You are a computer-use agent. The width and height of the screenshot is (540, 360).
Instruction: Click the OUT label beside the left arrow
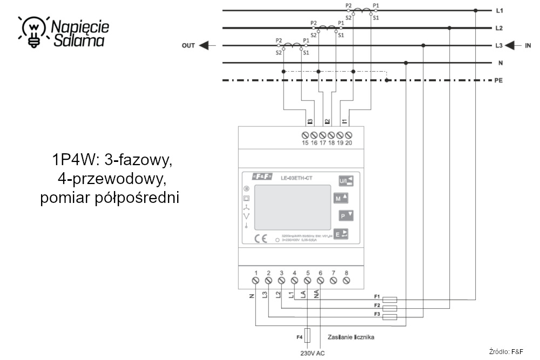pos(188,46)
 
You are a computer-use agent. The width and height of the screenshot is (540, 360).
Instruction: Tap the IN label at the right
pos(528,46)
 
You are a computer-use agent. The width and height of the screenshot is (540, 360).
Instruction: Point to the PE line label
pos(499,80)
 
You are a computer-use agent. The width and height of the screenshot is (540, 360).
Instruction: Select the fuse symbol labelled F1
pos(389,300)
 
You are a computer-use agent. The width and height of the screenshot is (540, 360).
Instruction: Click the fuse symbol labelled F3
pos(389,317)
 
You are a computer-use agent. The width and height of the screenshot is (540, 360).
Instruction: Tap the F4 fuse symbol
pos(308,336)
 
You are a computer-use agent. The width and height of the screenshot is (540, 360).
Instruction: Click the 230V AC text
pos(313,354)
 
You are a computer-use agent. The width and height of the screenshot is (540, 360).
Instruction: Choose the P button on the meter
pos(346,216)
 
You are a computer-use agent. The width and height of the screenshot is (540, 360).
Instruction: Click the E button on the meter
pos(341,234)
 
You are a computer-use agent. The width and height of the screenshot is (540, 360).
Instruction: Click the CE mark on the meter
pos(260,239)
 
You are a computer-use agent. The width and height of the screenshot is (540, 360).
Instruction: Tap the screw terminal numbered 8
pos(346,281)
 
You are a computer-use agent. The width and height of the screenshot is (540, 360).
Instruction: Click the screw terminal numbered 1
pos(255,281)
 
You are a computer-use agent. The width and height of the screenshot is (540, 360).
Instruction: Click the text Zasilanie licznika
pos(350,337)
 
